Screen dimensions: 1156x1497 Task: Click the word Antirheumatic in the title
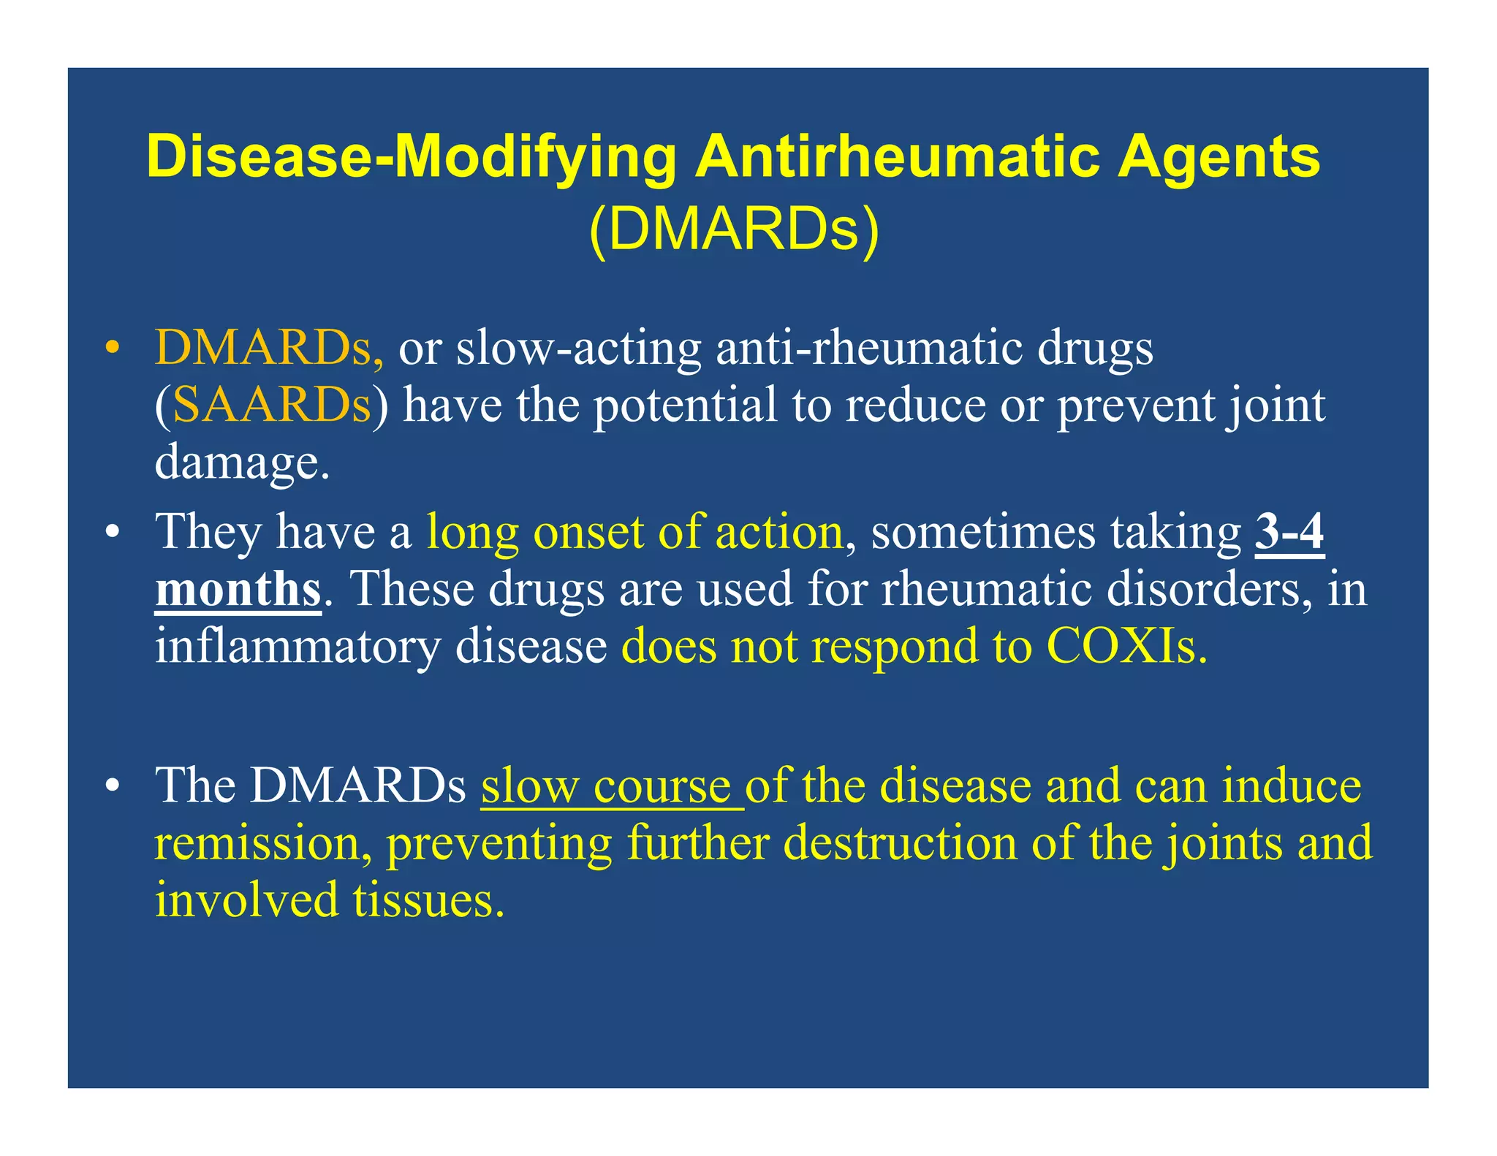click(x=897, y=156)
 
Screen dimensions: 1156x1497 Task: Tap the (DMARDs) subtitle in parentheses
click(x=734, y=229)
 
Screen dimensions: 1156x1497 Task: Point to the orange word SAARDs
click(x=271, y=406)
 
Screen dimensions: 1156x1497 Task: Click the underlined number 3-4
click(x=1289, y=533)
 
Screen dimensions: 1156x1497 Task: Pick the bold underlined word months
click(x=238, y=590)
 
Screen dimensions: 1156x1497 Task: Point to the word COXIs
click(x=1126, y=647)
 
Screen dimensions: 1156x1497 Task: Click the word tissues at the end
click(x=428, y=900)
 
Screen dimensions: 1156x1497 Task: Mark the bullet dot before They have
click(x=112, y=533)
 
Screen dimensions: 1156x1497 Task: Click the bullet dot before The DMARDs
click(x=112, y=788)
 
